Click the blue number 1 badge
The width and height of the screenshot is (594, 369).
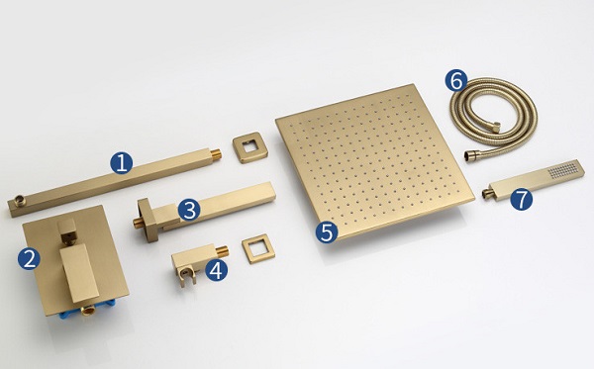[x=121, y=163]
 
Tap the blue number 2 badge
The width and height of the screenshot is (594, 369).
[x=29, y=259]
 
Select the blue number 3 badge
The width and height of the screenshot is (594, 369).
[x=189, y=210]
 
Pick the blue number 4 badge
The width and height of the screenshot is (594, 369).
[x=216, y=270]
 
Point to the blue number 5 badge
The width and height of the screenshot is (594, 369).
[x=327, y=231]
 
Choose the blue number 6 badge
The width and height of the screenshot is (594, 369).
[x=456, y=80]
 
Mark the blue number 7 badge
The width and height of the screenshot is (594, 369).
[x=522, y=199]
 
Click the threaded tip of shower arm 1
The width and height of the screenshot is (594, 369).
[x=216, y=154]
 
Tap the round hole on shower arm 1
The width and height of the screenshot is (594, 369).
[x=19, y=200]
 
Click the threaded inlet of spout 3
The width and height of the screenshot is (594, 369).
[x=138, y=223]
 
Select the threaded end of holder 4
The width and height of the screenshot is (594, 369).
[x=223, y=250]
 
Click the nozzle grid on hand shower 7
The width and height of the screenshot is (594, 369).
[x=564, y=170]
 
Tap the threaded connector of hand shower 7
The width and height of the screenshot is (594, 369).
[x=487, y=193]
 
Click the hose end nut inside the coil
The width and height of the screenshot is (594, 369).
[x=496, y=127]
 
